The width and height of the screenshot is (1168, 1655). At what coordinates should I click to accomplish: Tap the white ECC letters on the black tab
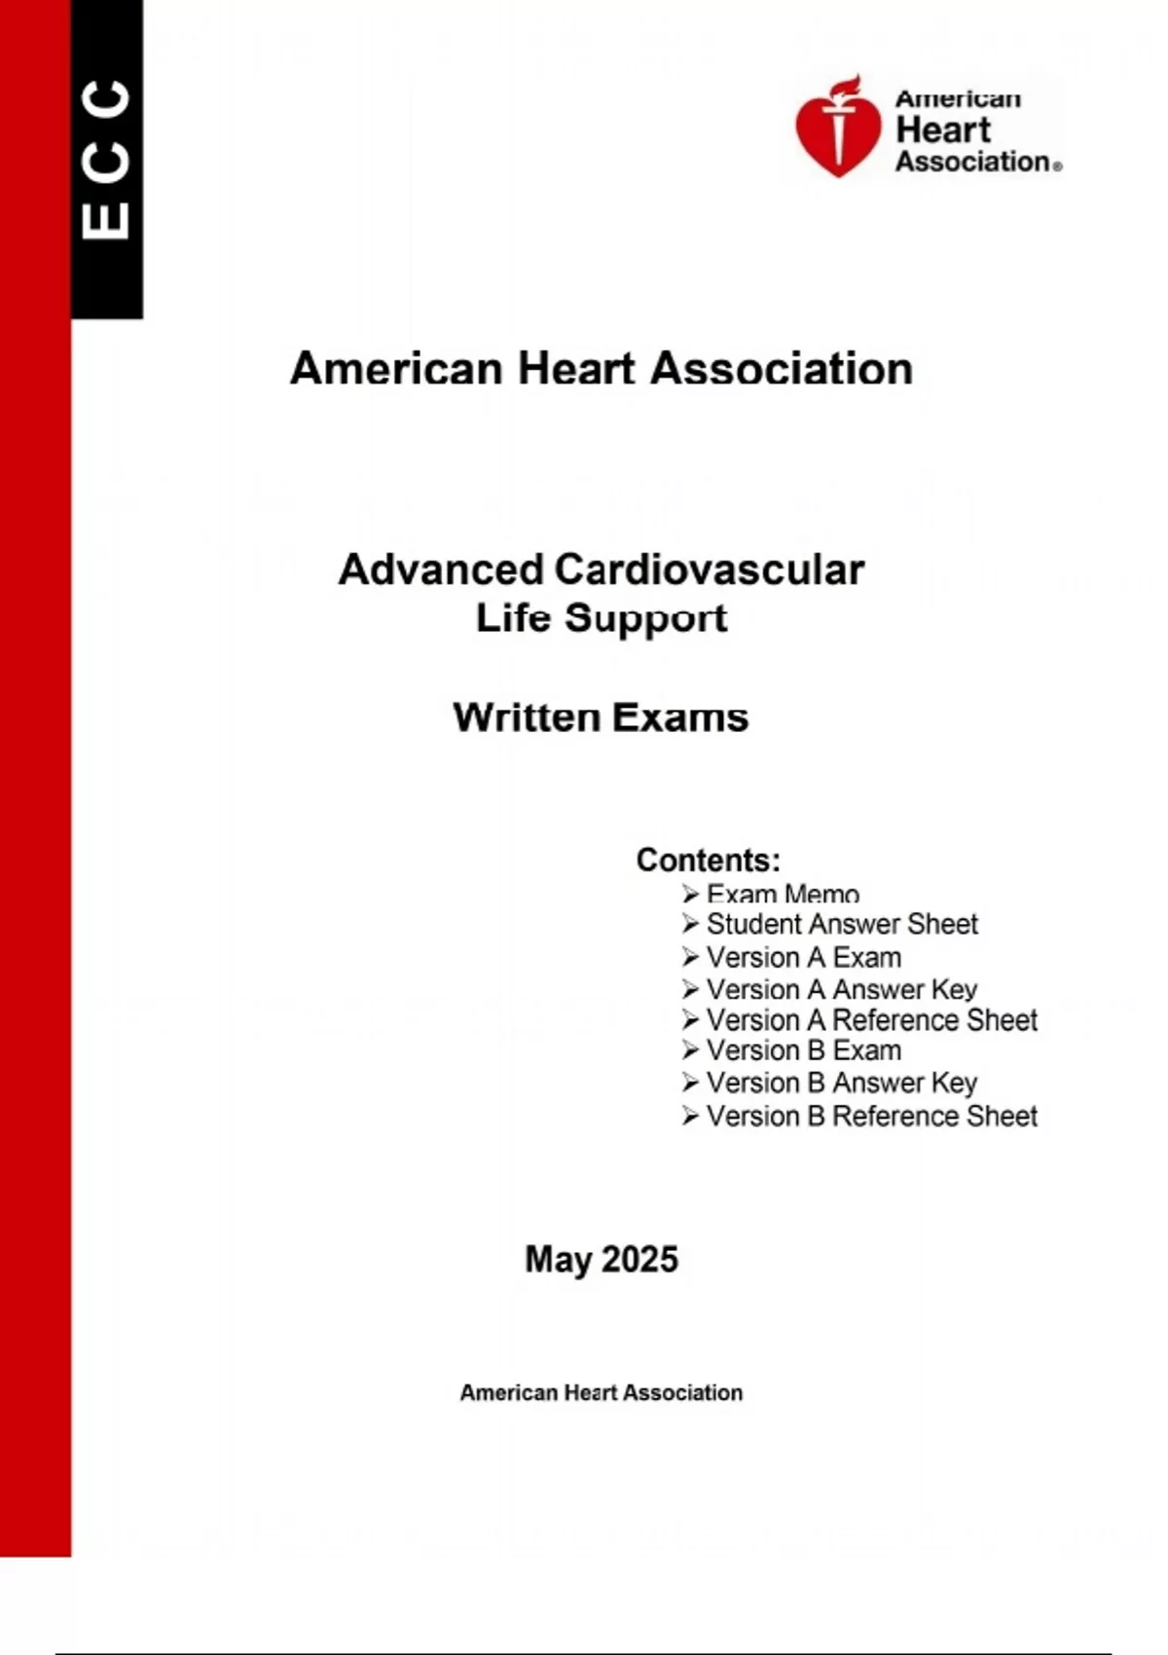(106, 159)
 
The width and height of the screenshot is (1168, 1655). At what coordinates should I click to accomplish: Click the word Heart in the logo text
(942, 129)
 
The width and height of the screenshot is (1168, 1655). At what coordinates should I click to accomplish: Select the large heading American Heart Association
(601, 369)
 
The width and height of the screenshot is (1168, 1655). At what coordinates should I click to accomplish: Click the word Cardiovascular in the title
(709, 570)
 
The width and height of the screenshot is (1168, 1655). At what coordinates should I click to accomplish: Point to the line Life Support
(601, 618)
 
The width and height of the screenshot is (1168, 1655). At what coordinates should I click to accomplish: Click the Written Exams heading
(601, 717)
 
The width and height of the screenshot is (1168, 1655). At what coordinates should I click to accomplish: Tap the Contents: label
(708, 860)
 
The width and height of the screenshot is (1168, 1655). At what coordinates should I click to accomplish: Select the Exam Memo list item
(783, 894)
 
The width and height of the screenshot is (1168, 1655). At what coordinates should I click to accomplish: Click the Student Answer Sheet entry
(842, 924)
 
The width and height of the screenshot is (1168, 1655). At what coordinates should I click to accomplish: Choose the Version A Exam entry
(803, 957)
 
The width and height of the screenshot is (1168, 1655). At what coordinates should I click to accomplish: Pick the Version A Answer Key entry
(841, 989)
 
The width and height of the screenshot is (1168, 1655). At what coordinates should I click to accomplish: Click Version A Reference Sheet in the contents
(871, 1020)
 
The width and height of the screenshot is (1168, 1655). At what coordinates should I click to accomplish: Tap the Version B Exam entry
(803, 1050)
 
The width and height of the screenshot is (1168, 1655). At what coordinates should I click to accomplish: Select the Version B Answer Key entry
(841, 1083)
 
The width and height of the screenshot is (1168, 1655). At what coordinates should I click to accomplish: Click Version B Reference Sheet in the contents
(871, 1116)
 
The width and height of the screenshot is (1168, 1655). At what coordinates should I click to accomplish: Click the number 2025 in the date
(639, 1259)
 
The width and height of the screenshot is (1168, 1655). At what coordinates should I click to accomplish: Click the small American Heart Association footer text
(601, 1393)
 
